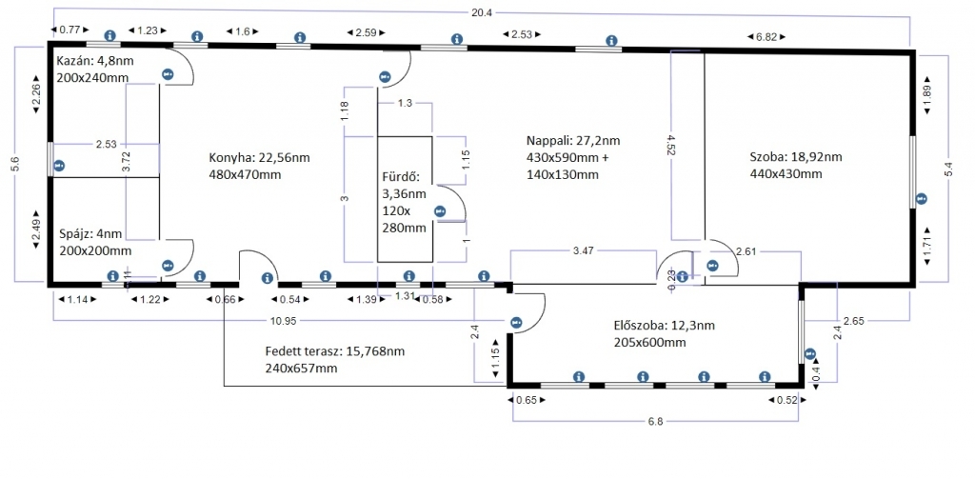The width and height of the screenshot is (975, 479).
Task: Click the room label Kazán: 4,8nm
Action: click(94, 62)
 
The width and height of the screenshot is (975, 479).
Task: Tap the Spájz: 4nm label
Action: click(90, 234)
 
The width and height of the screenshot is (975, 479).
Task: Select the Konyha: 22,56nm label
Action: click(259, 158)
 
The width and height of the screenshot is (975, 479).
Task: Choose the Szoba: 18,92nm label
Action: click(796, 157)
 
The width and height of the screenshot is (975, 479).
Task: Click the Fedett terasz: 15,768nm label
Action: click(334, 351)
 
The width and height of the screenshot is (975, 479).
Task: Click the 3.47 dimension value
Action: click(583, 251)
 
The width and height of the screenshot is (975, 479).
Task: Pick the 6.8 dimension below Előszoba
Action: click(656, 421)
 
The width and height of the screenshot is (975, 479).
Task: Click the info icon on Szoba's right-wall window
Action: click(922, 199)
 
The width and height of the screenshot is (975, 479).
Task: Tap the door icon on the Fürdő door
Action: click(440, 211)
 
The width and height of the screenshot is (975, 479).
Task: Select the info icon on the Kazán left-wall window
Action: click(59, 166)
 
